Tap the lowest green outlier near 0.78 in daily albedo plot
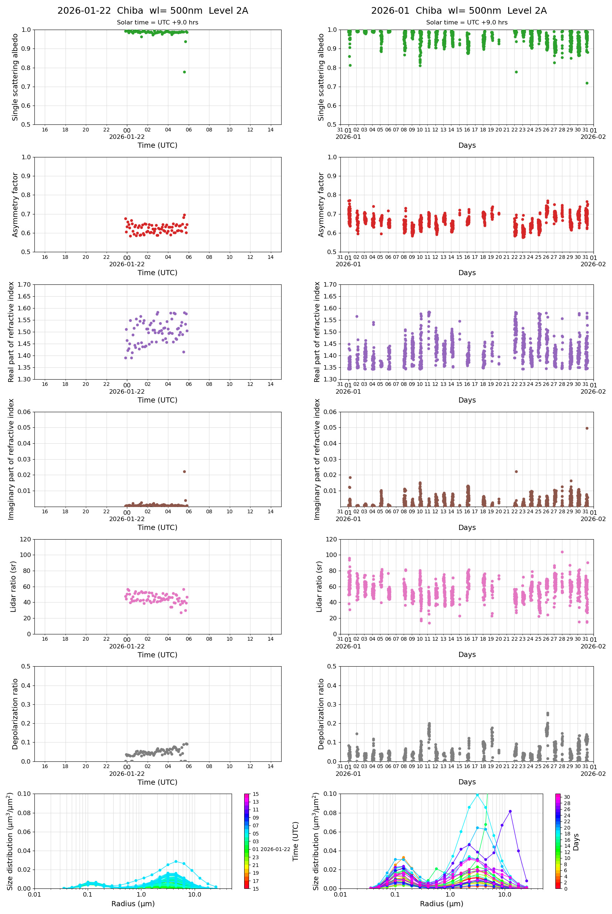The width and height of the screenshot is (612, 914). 184,72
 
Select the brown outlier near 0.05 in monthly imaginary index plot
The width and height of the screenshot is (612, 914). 586,428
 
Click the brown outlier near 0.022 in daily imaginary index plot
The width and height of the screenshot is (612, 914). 184,471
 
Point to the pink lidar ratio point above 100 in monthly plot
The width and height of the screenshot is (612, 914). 562,552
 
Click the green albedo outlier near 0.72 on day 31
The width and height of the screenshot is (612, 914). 586,83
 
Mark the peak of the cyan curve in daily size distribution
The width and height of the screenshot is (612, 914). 176,861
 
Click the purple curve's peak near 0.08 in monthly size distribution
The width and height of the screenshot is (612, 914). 510,811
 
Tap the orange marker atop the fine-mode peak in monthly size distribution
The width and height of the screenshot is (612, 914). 403,858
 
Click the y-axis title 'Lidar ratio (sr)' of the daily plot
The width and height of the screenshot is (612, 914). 13,586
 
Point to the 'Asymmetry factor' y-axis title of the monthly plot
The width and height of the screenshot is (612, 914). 321,205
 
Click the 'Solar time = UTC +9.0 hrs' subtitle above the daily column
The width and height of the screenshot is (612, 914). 157,23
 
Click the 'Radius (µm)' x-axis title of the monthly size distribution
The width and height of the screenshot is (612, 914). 441,904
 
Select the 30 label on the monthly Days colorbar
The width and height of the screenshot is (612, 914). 567,797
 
